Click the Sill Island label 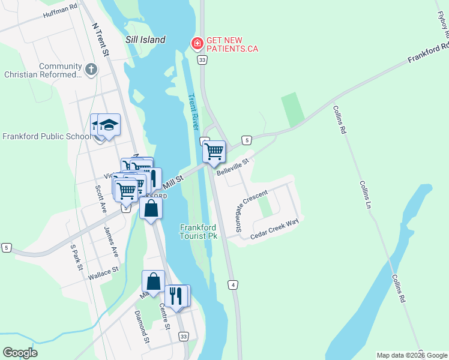click(145, 40)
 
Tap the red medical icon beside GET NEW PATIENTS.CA click(196, 44)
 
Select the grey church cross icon click(91, 70)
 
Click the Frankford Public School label click(46, 136)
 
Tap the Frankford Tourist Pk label click(199, 232)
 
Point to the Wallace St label click(103, 275)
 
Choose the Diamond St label click(142, 326)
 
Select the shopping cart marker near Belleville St click(214, 152)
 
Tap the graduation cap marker click(109, 125)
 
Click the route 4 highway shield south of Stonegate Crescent click(232, 284)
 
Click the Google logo click(20, 353)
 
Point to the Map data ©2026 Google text click(412, 355)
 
